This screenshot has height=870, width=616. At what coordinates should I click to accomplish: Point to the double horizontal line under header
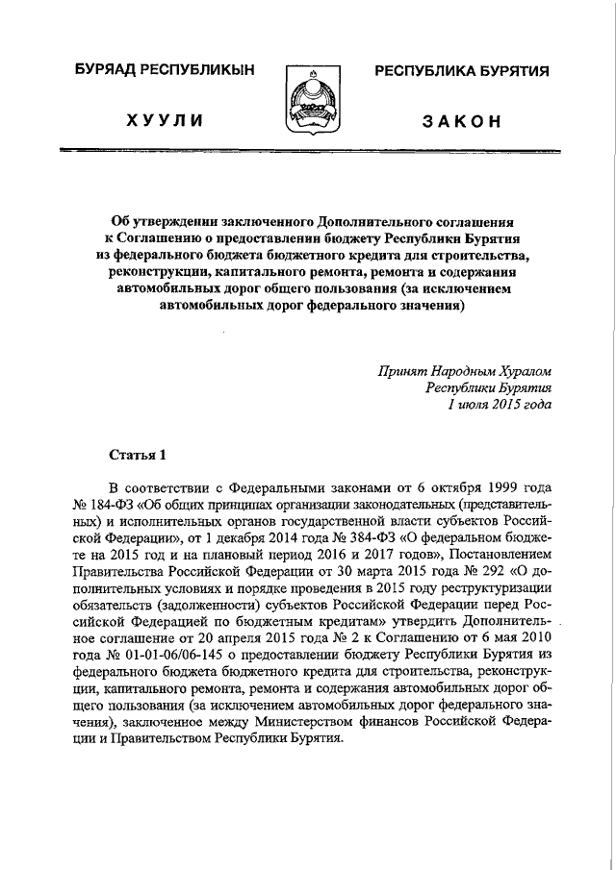[308, 151]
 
